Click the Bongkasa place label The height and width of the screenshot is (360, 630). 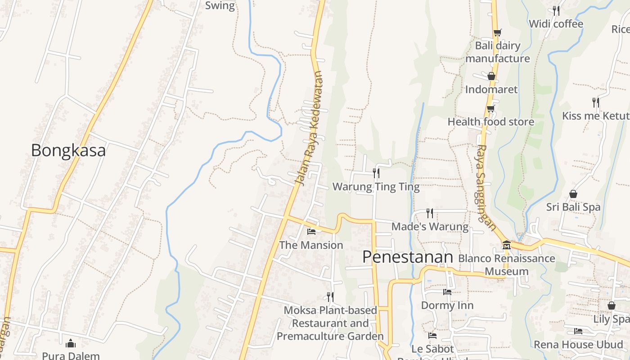[x=68, y=150]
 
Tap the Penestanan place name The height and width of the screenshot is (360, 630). [x=407, y=257]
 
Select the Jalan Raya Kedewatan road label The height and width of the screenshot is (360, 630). [x=309, y=129]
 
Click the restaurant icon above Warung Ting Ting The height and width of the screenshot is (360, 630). [x=376, y=172]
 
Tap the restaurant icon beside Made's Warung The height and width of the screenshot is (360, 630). [x=430, y=213]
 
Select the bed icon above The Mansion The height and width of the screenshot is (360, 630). [x=311, y=232]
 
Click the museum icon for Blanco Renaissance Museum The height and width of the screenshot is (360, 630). [x=507, y=245]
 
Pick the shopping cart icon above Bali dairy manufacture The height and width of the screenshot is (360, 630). [x=497, y=32]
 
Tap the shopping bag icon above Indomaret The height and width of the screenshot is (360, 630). [x=491, y=76]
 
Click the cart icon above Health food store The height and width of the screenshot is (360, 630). [x=490, y=108]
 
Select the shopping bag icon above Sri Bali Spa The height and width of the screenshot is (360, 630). [x=573, y=194]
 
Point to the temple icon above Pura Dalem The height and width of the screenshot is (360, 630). [x=71, y=344]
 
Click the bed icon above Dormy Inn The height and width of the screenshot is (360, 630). [x=447, y=292]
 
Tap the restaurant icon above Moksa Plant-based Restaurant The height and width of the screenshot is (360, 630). [x=330, y=297]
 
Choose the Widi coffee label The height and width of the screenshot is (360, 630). [x=556, y=24]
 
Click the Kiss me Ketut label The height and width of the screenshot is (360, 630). [x=595, y=116]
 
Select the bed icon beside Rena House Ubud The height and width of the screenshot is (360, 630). [x=578, y=331]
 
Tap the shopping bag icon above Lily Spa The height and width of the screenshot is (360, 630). [x=611, y=306]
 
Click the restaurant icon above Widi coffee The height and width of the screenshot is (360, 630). [x=556, y=10]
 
